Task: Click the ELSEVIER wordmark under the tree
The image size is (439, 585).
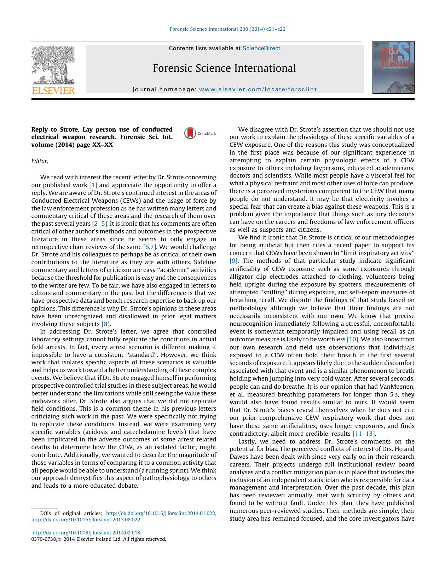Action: point(53,91)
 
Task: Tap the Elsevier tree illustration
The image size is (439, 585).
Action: point(53,65)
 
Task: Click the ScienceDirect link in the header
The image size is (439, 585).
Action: point(261,48)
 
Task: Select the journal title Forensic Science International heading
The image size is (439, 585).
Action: point(224,68)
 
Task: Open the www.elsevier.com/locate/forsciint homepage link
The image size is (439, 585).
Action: point(258,89)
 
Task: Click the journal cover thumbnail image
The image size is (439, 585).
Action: point(393,67)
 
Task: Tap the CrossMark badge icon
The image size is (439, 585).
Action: point(190,133)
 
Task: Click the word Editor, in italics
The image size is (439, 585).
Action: point(40,161)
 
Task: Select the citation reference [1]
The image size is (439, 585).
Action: point(93,185)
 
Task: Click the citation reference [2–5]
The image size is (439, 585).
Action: point(99,224)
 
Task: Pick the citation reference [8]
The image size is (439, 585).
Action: point(106,324)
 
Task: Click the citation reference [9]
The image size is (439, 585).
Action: point(233,261)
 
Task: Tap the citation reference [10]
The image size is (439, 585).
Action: point(352,339)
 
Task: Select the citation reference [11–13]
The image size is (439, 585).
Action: point(364,434)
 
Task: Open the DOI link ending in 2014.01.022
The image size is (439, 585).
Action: point(161,513)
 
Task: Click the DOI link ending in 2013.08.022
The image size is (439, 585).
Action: point(86,520)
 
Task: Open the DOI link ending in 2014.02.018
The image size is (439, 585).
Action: point(86,533)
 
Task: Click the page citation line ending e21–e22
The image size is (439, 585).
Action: point(227,29)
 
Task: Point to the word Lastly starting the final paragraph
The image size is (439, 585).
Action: point(247,441)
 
